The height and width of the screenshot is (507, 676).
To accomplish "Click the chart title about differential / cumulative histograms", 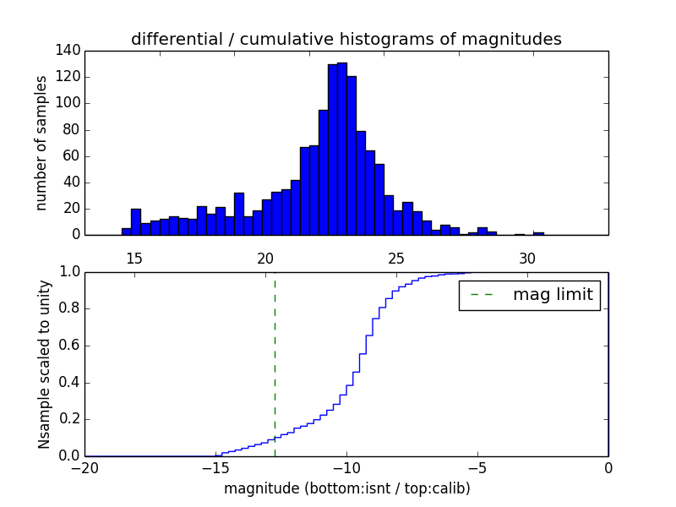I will click(x=346, y=40).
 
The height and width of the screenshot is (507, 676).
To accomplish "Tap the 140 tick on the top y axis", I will click(x=70, y=51).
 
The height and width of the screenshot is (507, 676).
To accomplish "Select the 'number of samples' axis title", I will click(x=41, y=143).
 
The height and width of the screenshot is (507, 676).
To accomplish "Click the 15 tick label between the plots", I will click(x=134, y=258).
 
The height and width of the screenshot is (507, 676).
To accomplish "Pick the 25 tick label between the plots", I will click(x=396, y=258).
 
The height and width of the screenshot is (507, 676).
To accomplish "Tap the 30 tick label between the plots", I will click(x=527, y=258).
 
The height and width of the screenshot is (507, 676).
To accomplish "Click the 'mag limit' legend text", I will click(x=553, y=295).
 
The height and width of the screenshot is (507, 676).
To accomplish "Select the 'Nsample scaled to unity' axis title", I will click(x=44, y=364).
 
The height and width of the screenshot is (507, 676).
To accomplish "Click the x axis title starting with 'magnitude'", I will click(x=346, y=488).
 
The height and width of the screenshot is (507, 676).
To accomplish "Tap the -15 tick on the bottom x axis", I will click(x=215, y=468).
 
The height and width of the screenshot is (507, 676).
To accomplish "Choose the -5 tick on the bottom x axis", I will click(x=477, y=468).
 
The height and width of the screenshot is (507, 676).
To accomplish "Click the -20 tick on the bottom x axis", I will click(x=84, y=468).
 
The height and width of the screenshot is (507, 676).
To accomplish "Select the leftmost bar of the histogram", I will click(x=126, y=232).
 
